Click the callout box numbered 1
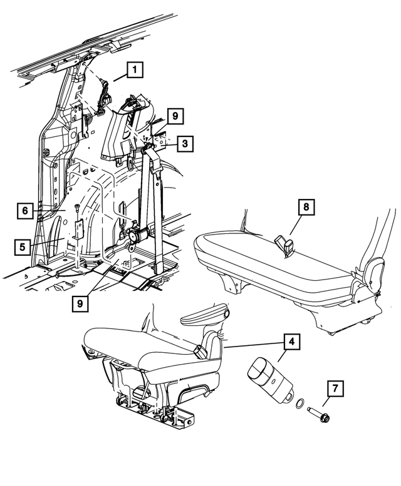click(x=134, y=71)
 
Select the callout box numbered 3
click(x=184, y=144)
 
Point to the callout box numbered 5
click(x=22, y=246)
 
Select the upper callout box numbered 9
click(x=175, y=116)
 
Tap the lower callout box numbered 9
click(x=81, y=303)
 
